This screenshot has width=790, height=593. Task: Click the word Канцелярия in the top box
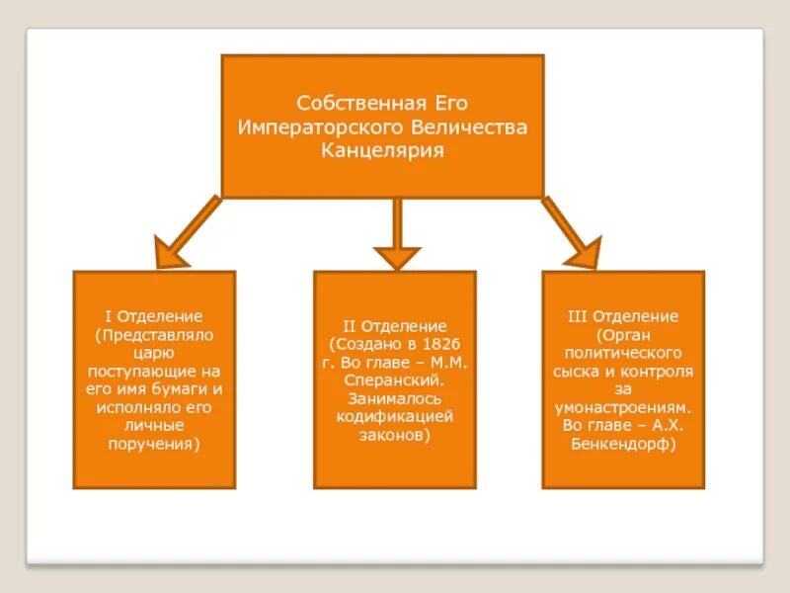(x=382, y=151)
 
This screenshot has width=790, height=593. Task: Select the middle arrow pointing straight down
(x=396, y=237)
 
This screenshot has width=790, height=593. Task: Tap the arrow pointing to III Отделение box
(x=574, y=234)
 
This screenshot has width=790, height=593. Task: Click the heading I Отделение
(x=154, y=317)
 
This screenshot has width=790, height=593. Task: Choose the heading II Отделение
(x=395, y=326)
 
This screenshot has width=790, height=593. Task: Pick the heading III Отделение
(x=623, y=317)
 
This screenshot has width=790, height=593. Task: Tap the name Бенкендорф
(x=623, y=444)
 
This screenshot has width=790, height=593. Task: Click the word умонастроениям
(x=623, y=407)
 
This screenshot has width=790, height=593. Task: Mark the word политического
(x=623, y=353)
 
